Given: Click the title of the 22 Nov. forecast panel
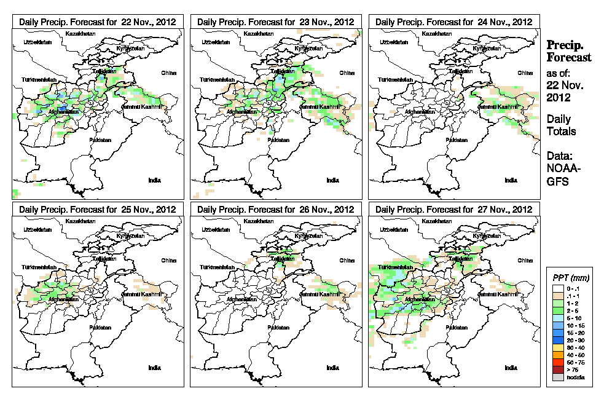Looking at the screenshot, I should point(98,22).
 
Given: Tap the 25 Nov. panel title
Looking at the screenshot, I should point(98,209).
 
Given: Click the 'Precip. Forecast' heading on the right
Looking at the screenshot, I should point(569,52).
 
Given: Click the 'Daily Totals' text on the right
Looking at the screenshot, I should point(562,125).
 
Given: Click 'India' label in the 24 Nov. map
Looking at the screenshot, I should point(511,180).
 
